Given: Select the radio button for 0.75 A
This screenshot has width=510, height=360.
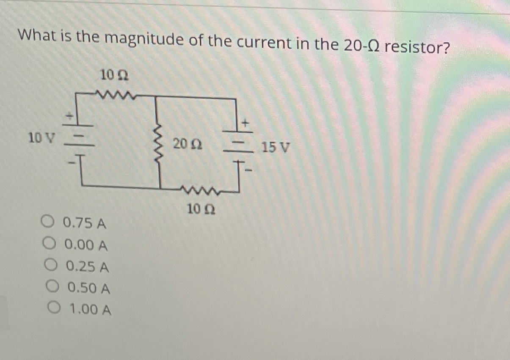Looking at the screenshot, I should (48, 221).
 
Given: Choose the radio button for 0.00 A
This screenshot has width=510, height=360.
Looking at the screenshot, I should (49, 243).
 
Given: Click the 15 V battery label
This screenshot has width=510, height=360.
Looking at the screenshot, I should (276, 148).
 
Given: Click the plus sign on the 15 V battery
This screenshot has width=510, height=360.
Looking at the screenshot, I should (245, 123).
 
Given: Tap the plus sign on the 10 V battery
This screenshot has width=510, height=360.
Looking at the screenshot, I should (69, 114).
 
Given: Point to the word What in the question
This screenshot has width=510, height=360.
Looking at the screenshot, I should (36, 36).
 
